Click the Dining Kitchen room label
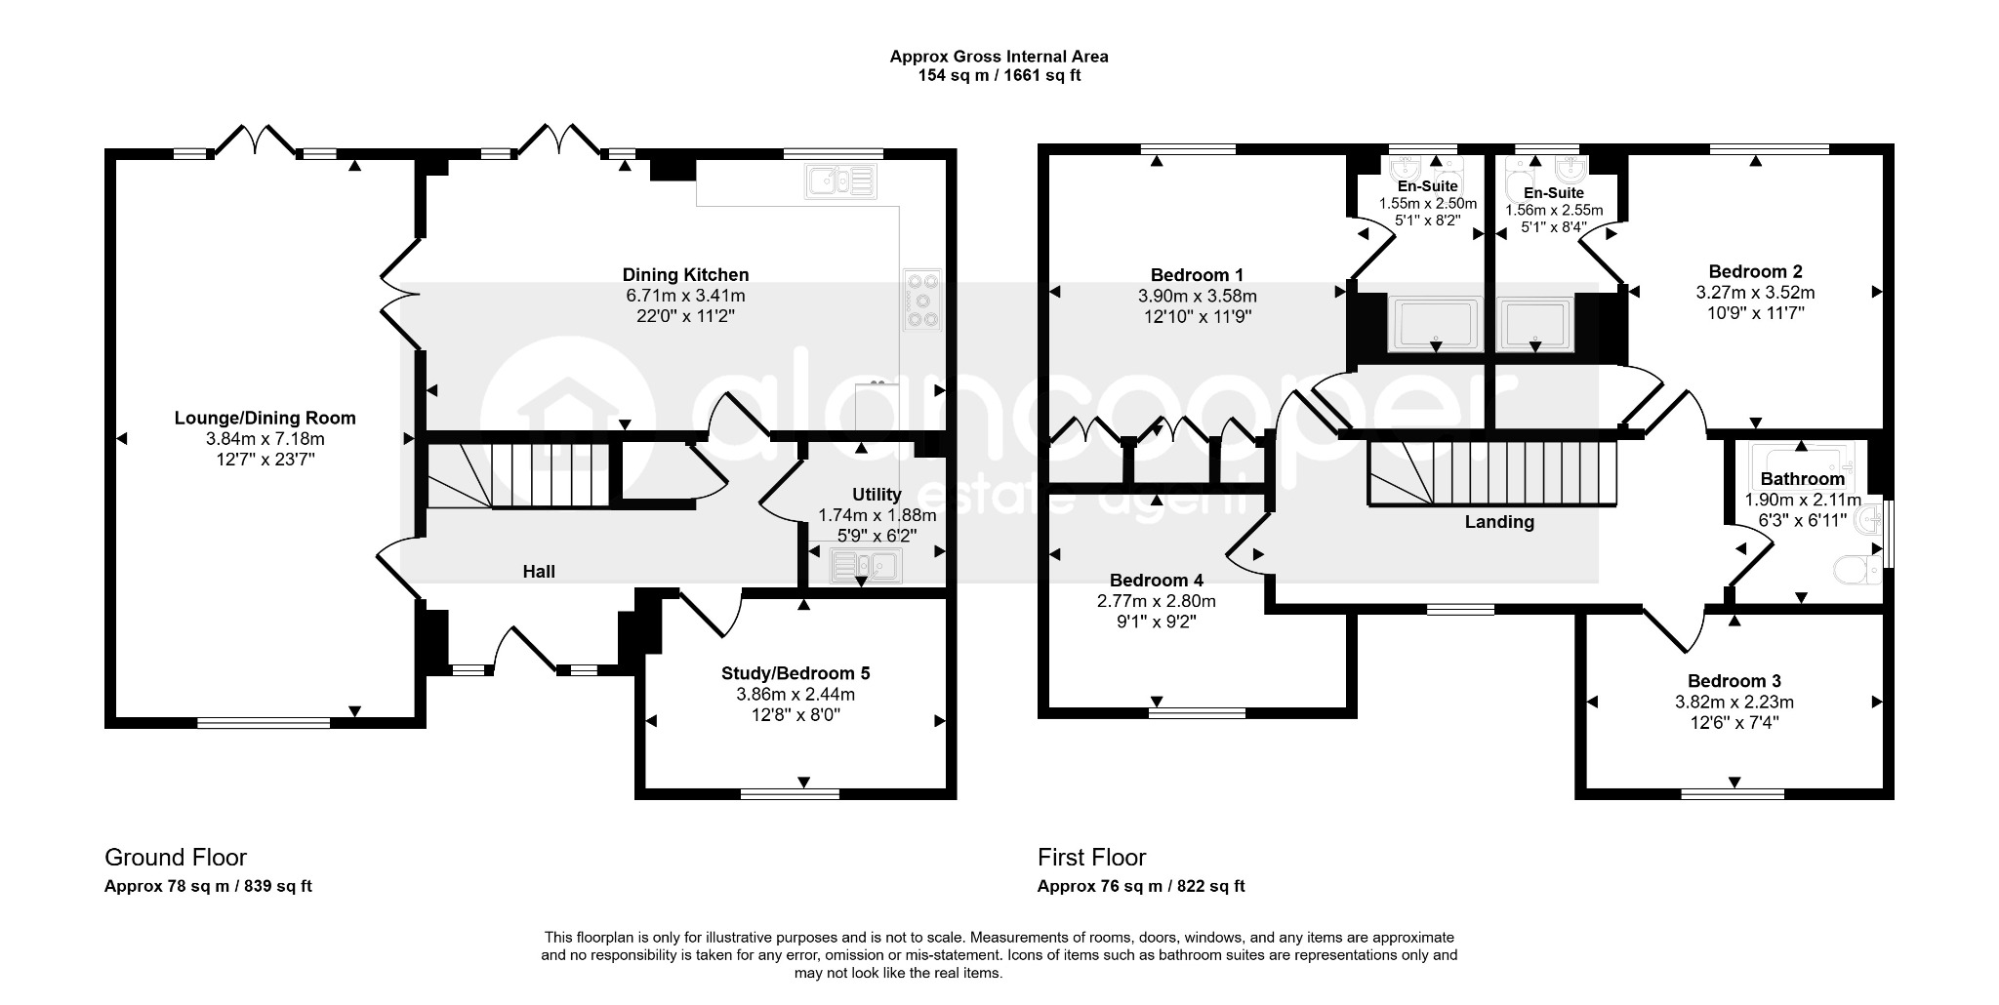pos(685,275)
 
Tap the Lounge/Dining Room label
pos(265,418)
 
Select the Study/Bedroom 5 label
pos(796,673)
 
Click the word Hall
pos(539,572)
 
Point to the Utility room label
pos(877,495)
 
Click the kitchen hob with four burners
pos(922,300)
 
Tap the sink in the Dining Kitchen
pos(841,181)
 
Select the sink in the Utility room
pos(867,565)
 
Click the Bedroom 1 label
pos(1197,275)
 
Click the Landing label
pos(1499,522)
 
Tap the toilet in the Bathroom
pos(1857,569)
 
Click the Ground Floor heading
pos(176,858)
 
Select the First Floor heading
pos(1091,858)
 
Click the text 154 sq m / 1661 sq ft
pos(999,75)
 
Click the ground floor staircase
pos(518,475)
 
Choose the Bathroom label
pos(1803,479)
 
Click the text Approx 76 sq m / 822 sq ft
pos(1141,887)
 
